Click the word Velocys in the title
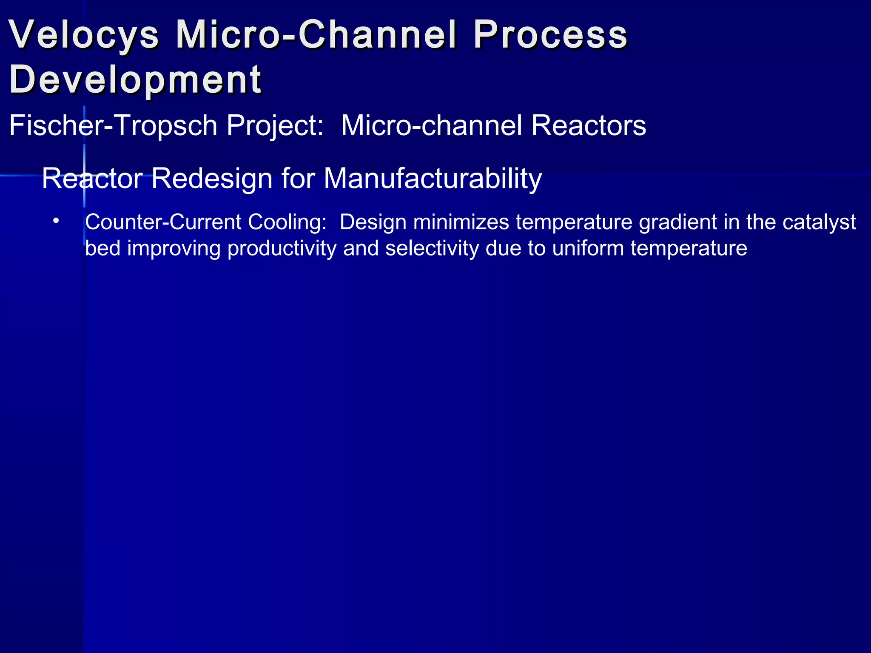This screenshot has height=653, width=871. [x=84, y=35]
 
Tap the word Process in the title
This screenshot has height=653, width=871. [x=550, y=35]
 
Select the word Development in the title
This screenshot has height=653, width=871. [x=135, y=80]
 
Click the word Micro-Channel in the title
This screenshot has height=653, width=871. [x=316, y=35]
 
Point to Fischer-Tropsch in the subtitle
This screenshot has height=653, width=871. [x=113, y=126]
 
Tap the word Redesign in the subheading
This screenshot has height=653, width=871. [x=211, y=179]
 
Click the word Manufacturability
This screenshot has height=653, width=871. [x=433, y=179]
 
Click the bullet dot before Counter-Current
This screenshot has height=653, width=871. [x=56, y=221]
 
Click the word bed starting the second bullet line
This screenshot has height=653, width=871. [x=102, y=249]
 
